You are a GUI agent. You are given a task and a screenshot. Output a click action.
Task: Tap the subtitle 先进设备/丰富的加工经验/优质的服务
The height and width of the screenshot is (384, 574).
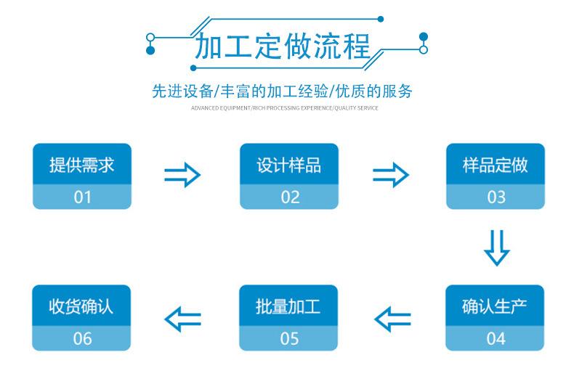point(282,91)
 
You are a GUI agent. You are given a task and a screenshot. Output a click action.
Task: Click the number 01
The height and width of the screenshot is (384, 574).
point(82,197)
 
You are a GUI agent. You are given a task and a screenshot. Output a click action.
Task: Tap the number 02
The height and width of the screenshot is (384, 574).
point(288,197)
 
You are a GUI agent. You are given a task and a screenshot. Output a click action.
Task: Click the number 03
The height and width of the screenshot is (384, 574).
point(495,197)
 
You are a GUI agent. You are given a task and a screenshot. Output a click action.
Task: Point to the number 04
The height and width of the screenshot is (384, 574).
point(495,338)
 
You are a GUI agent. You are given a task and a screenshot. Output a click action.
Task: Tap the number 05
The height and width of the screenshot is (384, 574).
point(288,338)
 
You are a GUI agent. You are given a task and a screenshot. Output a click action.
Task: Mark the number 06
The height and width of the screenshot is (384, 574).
point(82,338)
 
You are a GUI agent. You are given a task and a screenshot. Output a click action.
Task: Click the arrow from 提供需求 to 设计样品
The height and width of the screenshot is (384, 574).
point(182,175)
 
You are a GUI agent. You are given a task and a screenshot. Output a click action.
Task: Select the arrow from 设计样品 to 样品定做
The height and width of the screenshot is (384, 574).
point(390,175)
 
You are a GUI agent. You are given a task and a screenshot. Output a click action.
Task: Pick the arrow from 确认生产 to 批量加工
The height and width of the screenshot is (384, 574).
point(392,318)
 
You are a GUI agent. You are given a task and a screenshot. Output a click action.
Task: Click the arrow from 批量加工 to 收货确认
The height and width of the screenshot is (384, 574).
point(182,318)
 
